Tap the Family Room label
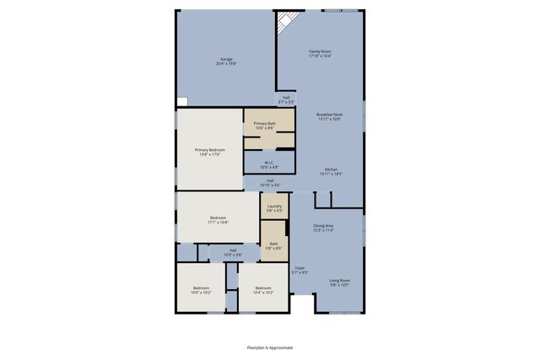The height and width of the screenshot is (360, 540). [320, 53]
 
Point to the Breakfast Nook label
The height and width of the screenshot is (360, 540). [329, 116]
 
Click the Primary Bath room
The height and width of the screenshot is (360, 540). [268, 128]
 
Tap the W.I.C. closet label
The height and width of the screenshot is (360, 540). [269, 164]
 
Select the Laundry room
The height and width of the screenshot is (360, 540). [274, 207]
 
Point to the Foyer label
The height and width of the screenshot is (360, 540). [300, 270]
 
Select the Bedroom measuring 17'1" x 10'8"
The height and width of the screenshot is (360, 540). [218, 220]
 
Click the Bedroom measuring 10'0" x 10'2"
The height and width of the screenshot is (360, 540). [200, 289]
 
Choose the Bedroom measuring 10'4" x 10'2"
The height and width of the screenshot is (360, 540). [263, 289]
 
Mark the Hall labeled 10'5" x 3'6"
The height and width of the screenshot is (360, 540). [232, 252]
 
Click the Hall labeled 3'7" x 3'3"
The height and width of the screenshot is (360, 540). [286, 99]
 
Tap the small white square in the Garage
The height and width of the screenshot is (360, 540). [181, 100]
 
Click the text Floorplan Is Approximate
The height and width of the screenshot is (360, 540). [270, 347]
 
